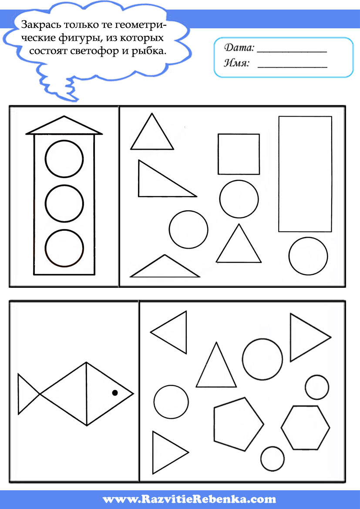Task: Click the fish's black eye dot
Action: [x=115, y=393]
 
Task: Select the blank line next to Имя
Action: [x=292, y=67]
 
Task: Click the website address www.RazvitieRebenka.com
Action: [x=189, y=499]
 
